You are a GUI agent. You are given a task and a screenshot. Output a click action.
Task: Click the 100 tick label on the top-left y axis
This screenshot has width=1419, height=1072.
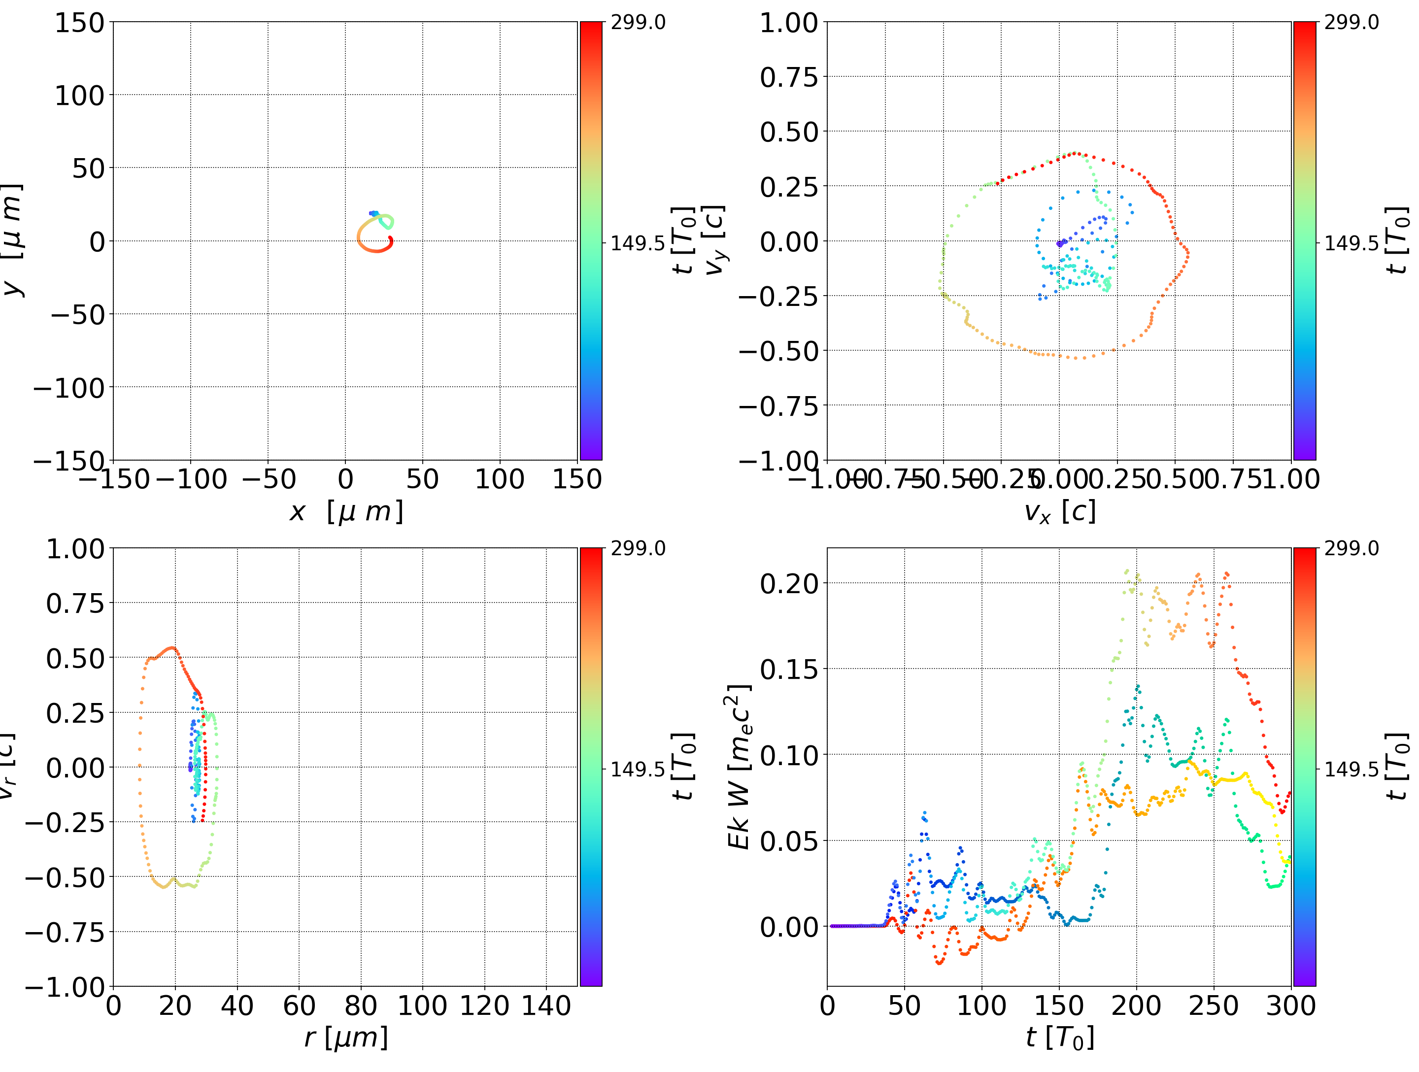[79, 96]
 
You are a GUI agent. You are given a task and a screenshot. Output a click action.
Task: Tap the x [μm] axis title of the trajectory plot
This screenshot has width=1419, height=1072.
[346, 511]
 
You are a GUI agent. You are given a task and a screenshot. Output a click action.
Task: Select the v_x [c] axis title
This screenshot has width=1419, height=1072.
[1059, 511]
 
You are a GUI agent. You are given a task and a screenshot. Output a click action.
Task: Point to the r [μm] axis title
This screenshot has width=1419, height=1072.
[346, 1038]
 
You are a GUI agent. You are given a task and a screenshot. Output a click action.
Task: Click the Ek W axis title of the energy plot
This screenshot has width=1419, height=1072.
[739, 767]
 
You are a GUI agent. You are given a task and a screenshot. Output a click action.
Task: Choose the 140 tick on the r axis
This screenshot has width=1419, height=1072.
[546, 1005]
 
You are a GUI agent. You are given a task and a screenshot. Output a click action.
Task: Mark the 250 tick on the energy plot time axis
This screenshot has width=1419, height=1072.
[1214, 1005]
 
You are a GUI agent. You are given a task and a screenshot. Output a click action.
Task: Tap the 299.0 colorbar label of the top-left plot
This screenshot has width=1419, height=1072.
[638, 23]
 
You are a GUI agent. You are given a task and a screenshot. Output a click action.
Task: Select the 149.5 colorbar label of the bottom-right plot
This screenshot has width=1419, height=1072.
[1351, 769]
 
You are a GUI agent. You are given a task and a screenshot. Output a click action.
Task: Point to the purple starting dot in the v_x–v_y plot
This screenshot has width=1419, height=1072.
[1059, 244]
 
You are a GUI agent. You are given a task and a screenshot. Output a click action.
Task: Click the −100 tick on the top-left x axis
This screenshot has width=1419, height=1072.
[191, 479]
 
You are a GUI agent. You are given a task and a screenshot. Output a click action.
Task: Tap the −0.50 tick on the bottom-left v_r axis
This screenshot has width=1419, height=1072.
[64, 877]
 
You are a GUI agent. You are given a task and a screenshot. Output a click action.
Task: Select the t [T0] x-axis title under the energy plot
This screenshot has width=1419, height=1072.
[1059, 1038]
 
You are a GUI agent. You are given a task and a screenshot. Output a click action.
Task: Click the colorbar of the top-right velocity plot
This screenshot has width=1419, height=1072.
[1304, 240]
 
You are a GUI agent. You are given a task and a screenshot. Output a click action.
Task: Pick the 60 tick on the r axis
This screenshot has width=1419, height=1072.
[299, 1005]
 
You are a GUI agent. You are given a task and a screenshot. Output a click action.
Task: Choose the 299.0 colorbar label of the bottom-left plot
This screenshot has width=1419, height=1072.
[638, 548]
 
